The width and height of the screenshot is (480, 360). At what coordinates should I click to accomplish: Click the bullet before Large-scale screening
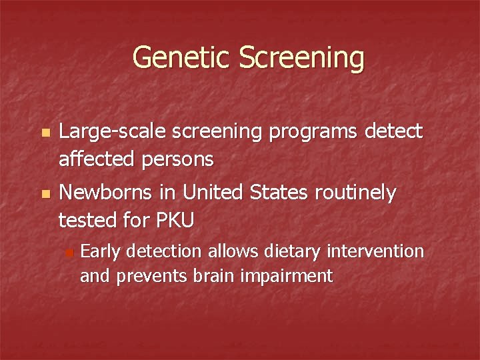tap(45, 134)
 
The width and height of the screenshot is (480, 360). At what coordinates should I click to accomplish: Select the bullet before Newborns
tap(45, 194)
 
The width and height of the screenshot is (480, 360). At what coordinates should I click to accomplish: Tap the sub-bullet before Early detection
tap(70, 253)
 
